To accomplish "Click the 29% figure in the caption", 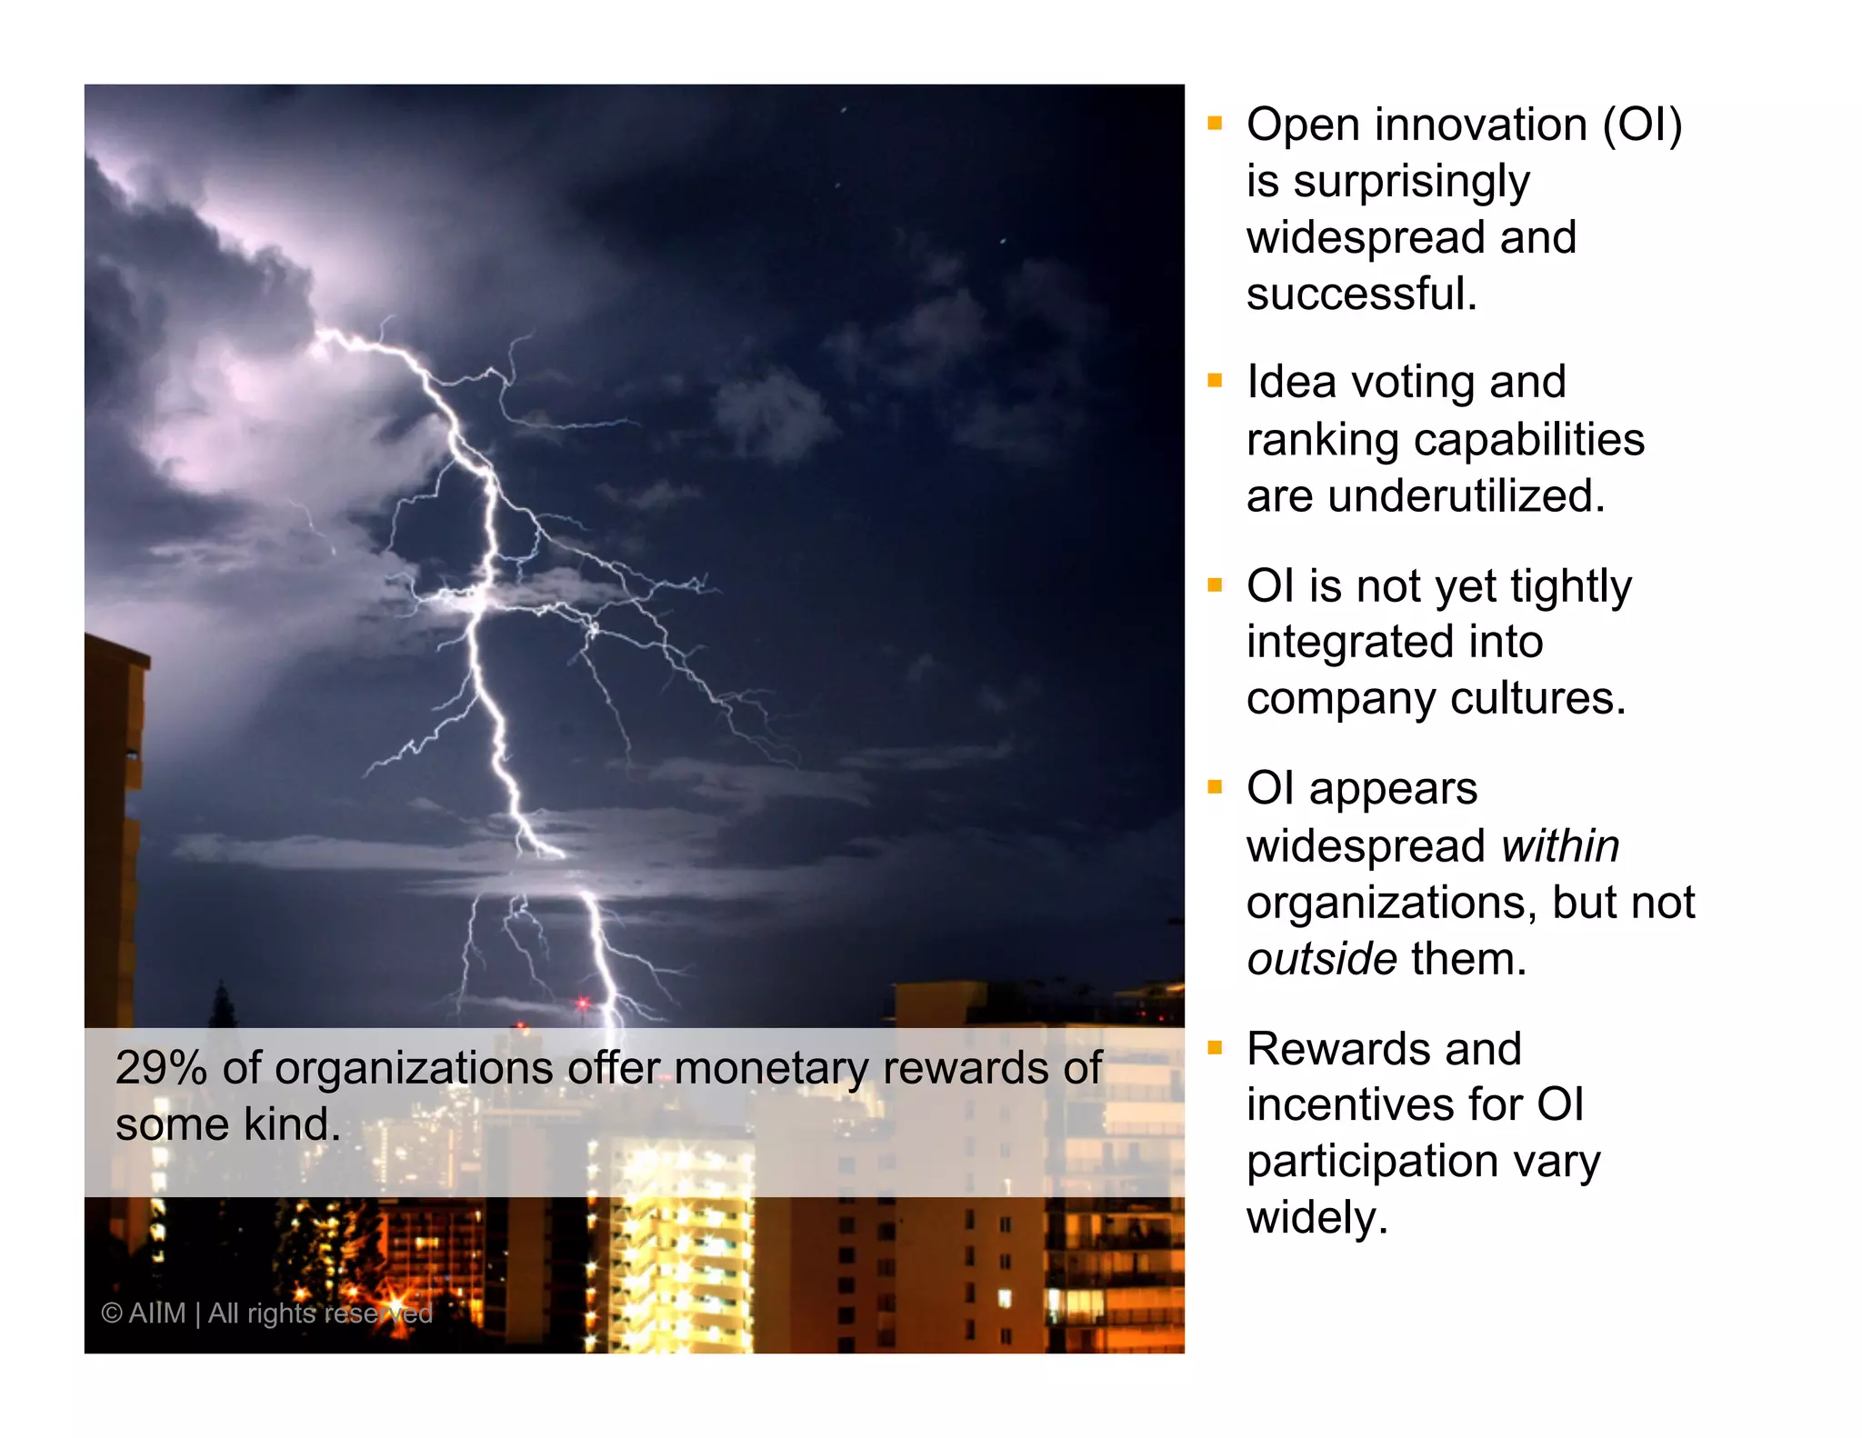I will click(x=161, y=1068).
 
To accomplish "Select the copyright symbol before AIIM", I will click(x=111, y=1313).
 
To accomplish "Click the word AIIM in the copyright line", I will click(x=156, y=1313).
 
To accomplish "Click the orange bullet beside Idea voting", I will click(x=1215, y=381).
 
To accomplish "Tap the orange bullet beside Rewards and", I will click(x=1215, y=1048).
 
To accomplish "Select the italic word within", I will click(x=1560, y=846).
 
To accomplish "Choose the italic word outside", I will click(x=1321, y=960).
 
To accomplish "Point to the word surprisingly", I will click(x=1411, y=182).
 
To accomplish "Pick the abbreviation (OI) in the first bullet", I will click(x=1642, y=125).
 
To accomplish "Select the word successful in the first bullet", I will click(x=1360, y=295).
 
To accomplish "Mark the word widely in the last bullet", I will click(x=1316, y=1218).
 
